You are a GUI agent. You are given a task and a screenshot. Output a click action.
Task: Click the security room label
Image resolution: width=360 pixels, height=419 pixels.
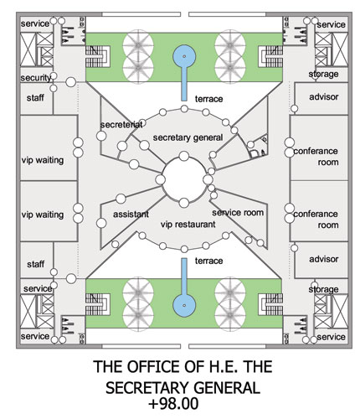coord(36,78)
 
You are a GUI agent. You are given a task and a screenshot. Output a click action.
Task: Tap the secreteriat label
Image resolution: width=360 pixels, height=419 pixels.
coord(121,125)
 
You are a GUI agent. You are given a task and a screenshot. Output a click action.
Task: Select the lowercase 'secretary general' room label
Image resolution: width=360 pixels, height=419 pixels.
coord(188,137)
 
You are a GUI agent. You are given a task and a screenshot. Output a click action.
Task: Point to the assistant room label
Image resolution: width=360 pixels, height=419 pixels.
coord(131,215)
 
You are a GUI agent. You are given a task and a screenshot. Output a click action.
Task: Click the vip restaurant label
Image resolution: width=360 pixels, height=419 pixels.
coord(188,225)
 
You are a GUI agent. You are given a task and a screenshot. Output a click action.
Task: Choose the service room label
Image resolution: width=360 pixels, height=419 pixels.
coord(238,213)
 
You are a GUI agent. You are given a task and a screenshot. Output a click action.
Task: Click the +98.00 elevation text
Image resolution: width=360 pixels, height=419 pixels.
coord(173,404)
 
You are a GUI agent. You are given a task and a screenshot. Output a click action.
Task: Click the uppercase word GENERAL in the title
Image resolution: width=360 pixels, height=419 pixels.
coord(227,388)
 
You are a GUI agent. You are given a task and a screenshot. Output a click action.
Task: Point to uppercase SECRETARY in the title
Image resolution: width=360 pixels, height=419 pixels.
coord(147,388)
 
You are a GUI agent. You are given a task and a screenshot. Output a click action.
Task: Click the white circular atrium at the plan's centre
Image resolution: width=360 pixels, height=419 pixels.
coord(184,179)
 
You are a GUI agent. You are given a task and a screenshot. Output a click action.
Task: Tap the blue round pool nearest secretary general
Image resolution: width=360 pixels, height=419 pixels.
coord(184,56)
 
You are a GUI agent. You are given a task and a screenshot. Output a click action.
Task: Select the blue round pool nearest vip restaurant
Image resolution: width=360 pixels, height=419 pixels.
coord(184,305)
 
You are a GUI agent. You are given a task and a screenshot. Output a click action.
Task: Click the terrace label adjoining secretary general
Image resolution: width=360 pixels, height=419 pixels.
coord(208,99)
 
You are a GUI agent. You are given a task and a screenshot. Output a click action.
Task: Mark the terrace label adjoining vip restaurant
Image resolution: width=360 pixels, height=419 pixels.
coord(208,261)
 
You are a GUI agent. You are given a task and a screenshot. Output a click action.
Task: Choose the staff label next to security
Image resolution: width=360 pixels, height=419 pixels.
coord(35,98)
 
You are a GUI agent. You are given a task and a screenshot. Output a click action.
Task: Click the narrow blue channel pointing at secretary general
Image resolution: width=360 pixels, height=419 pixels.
coord(184,84)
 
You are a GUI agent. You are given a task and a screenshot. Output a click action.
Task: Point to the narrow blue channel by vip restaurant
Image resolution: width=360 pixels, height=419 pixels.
coord(184,277)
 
